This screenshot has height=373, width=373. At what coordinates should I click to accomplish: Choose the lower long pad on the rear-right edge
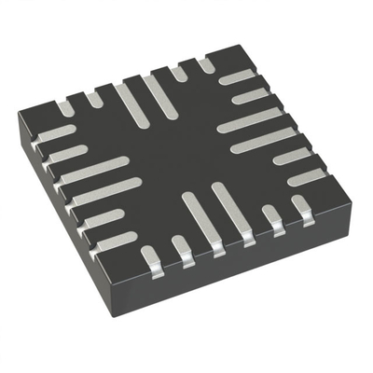[x=265, y=141]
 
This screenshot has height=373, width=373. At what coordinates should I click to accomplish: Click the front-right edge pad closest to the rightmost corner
[x=302, y=207]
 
